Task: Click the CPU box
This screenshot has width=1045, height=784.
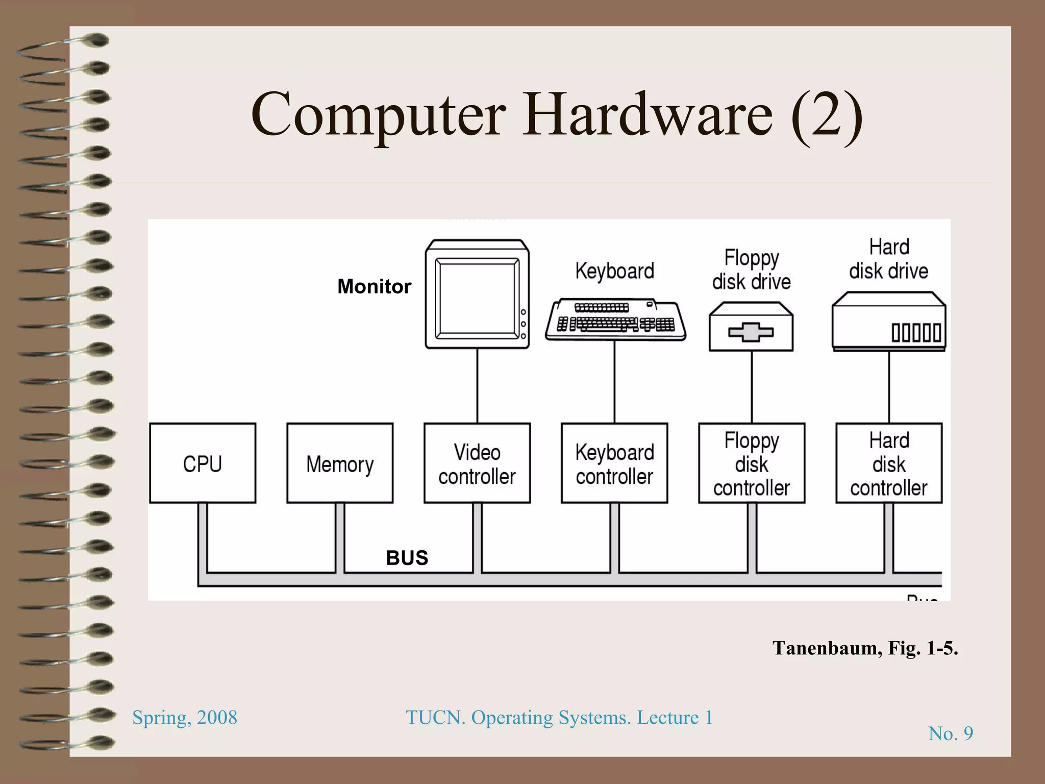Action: pos(203,463)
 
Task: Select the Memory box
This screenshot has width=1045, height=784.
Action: pos(340,463)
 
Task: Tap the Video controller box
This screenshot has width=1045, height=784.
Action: pos(477,463)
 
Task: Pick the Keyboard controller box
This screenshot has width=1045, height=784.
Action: pos(614,463)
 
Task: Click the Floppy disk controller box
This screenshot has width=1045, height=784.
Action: pos(752,463)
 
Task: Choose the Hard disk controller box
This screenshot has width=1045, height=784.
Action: pos(889,463)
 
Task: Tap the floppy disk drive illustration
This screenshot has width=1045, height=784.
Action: pos(751,327)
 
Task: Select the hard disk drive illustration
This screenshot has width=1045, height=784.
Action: pos(889,322)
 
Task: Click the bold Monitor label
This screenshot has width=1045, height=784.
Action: pos(374,286)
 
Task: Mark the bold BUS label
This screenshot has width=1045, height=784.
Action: pos(407,558)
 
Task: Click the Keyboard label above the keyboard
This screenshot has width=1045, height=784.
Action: pos(614,271)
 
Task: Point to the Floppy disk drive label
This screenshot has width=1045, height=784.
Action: pos(751,269)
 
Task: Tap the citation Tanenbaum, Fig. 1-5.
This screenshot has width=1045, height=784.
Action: pos(865,648)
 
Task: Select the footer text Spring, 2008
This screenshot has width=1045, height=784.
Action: pos(185,717)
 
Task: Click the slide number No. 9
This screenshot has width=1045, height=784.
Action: pos(950,733)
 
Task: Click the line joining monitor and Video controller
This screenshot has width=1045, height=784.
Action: pos(477,386)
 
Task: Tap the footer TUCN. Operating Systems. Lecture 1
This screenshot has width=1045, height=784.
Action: pos(559,717)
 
